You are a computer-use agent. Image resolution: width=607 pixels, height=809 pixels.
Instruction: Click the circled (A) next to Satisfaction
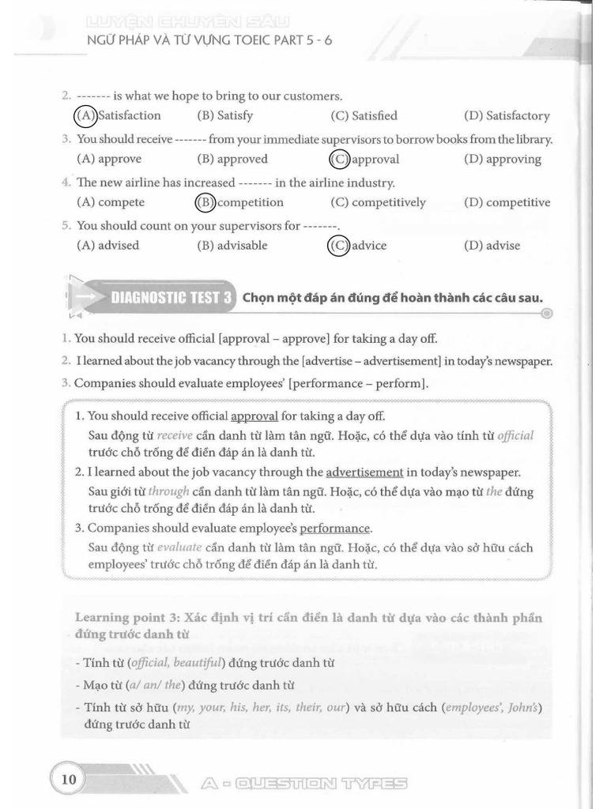85,115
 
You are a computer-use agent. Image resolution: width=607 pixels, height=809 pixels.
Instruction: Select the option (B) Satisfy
225,115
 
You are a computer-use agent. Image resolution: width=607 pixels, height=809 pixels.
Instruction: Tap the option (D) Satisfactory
507,115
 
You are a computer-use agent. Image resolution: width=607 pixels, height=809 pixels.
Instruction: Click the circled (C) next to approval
339,159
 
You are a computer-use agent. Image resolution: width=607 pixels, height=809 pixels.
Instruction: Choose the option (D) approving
503,159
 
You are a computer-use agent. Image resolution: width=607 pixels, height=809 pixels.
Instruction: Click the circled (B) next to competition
205,202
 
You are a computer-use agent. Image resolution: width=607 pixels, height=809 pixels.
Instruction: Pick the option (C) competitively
378,202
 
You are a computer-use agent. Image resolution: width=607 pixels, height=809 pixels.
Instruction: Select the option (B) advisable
234,246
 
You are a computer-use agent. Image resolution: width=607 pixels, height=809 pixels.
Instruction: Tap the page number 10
68,779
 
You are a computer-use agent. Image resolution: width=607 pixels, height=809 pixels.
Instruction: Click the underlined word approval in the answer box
254,416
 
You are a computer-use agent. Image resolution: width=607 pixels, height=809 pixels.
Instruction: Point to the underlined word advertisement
364,472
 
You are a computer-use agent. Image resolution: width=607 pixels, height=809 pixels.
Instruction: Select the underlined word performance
334,529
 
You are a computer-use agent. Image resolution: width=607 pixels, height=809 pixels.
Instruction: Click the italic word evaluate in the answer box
179,547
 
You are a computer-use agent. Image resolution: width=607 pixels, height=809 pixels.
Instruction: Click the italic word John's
524,706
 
